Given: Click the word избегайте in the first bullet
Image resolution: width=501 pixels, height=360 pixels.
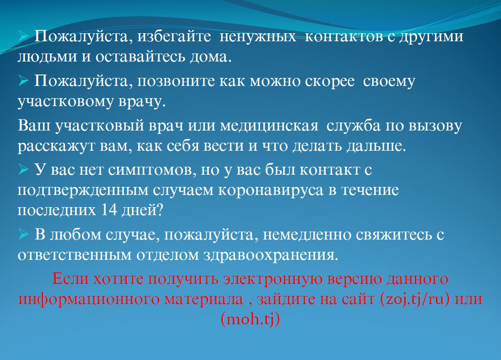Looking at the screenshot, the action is (174, 36).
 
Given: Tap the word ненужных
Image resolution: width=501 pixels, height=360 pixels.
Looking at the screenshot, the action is (257, 36).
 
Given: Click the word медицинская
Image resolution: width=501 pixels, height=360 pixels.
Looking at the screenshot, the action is (269, 126).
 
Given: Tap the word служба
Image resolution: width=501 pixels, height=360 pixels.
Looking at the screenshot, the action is (354, 125).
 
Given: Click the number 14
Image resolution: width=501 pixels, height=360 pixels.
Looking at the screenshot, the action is (109, 210).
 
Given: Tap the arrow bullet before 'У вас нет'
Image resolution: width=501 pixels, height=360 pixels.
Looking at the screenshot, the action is (23, 169).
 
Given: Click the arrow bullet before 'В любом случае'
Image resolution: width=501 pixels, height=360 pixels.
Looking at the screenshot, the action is (23, 235).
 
